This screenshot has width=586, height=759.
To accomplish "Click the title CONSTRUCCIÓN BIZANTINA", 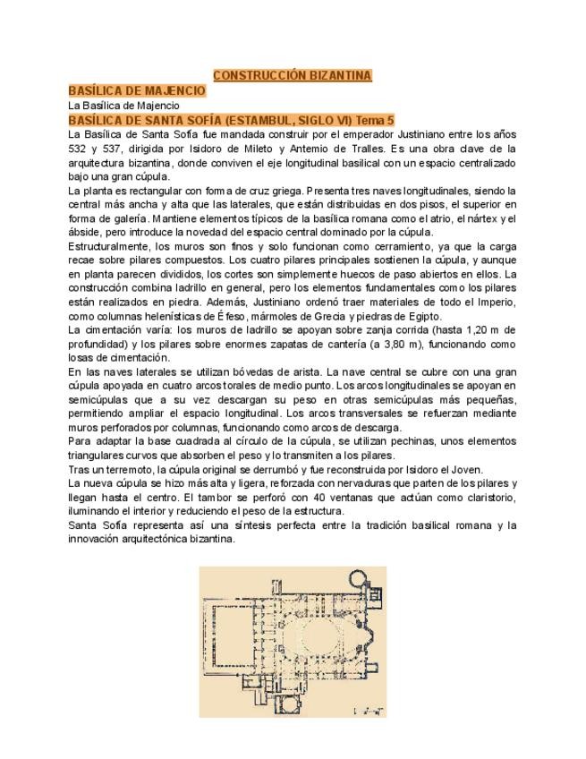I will pos(293,76).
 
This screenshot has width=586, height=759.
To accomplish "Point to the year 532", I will pos(79,149).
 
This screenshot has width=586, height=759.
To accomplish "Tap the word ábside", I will pos(86,233).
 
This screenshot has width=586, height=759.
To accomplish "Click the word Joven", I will pos(465,470).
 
